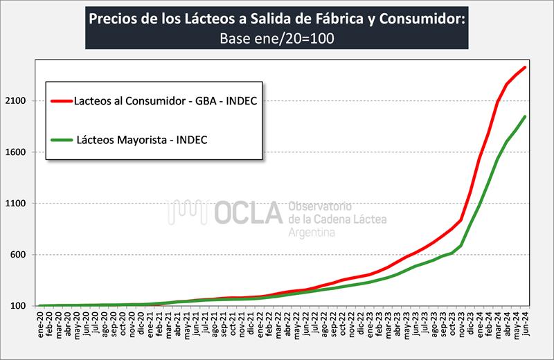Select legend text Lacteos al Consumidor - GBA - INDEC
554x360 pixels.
coord(165,100)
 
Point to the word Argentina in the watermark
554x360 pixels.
coord(312,233)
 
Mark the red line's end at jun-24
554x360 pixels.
coord(526,66)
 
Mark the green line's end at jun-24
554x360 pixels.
coord(526,116)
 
